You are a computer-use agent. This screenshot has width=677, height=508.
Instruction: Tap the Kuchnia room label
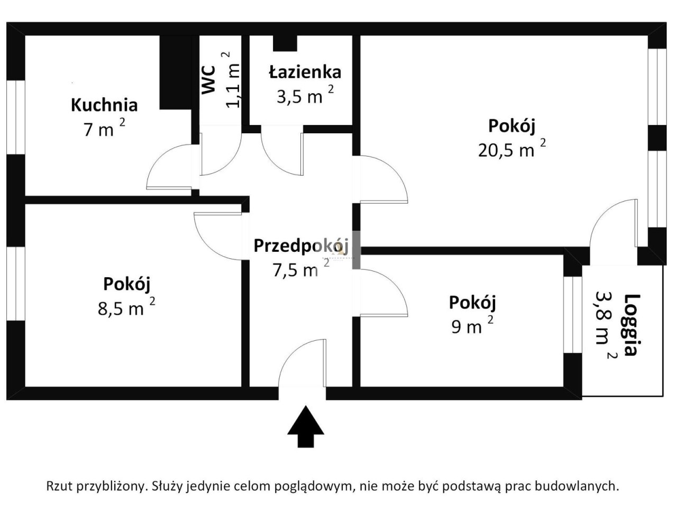(104, 105)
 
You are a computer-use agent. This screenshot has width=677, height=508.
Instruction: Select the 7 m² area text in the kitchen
(104, 127)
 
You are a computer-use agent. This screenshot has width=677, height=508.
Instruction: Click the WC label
(209, 79)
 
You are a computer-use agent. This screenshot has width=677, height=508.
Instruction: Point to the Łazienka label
(305, 71)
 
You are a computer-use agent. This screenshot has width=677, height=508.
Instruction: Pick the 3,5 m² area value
(305, 94)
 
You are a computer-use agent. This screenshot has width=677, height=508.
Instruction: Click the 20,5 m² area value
(512, 148)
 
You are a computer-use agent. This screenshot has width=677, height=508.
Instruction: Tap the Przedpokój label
(301, 247)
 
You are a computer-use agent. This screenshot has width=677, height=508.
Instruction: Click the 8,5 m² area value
(126, 306)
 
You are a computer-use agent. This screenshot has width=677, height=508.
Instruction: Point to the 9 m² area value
(472, 325)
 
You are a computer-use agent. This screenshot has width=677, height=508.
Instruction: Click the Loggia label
(632, 325)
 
